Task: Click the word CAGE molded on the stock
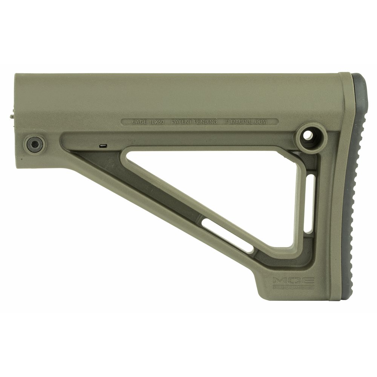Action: (x=138, y=122)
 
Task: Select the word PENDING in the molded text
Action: (x=205, y=122)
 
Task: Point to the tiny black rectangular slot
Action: (x=102, y=145)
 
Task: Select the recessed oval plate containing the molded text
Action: (x=200, y=122)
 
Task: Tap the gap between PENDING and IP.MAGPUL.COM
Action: (x=223, y=122)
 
